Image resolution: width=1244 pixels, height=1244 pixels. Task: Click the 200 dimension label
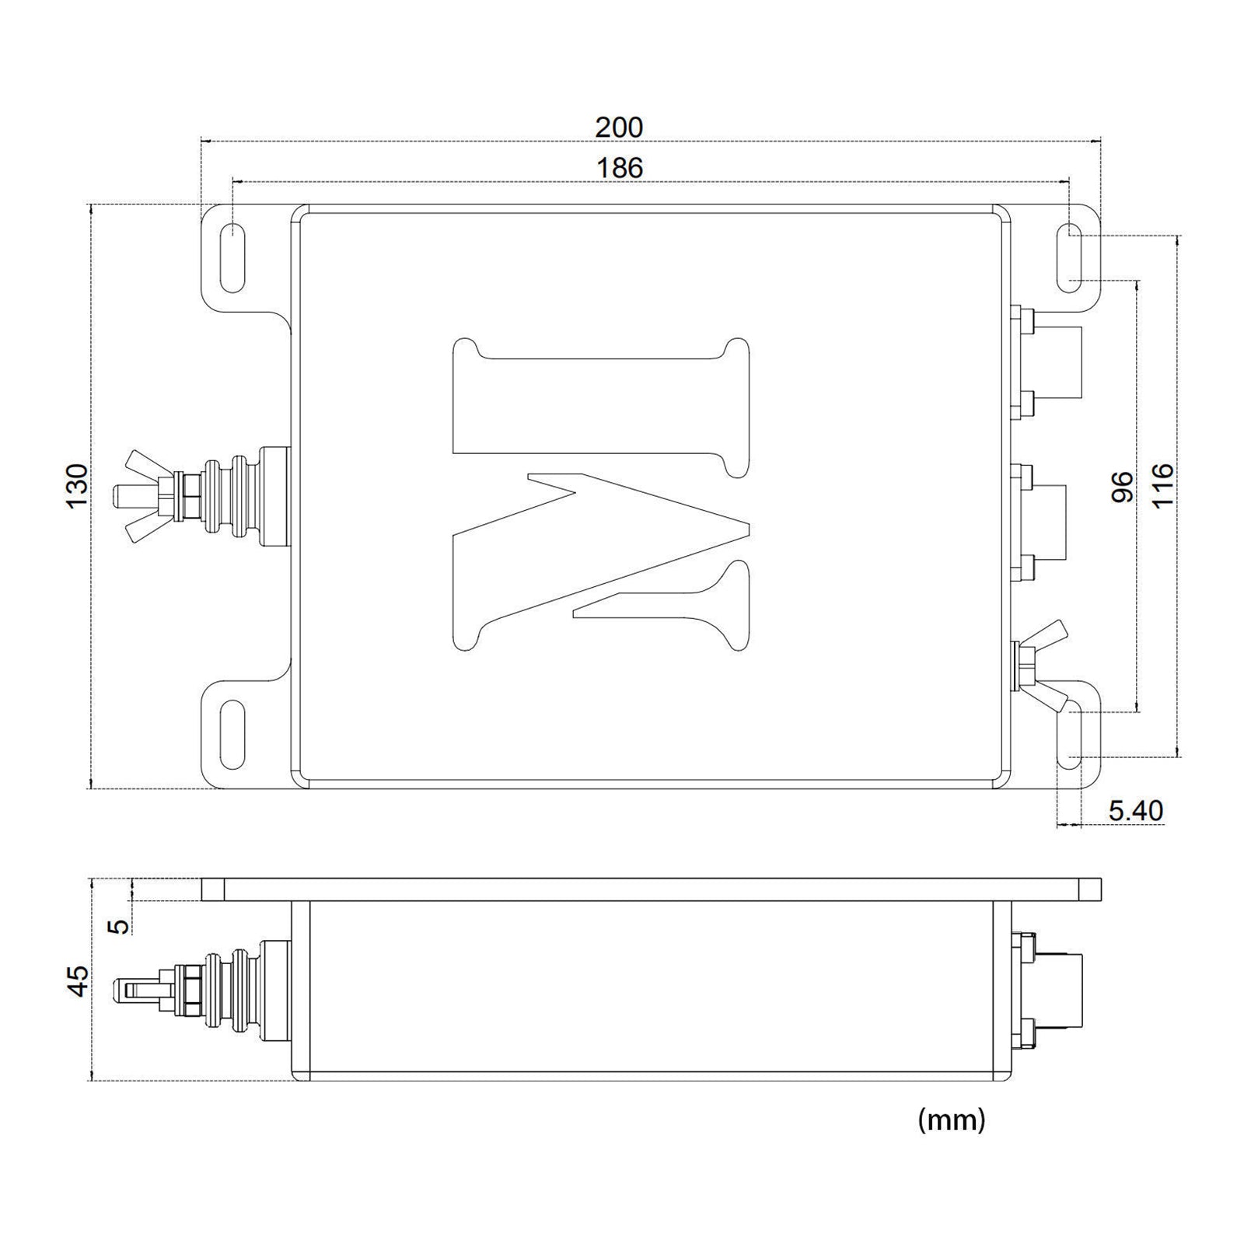click(x=620, y=127)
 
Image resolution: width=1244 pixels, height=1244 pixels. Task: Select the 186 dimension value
click(x=620, y=167)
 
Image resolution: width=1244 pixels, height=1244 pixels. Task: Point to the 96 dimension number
click(x=1122, y=487)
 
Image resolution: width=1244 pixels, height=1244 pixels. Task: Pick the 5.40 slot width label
click(x=1136, y=811)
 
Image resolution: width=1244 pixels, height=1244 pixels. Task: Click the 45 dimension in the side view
click(x=78, y=980)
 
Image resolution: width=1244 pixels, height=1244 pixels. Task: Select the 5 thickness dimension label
click(x=118, y=926)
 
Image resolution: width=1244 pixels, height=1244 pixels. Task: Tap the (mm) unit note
click(x=952, y=1120)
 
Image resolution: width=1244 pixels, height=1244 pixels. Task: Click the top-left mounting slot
click(x=232, y=258)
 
